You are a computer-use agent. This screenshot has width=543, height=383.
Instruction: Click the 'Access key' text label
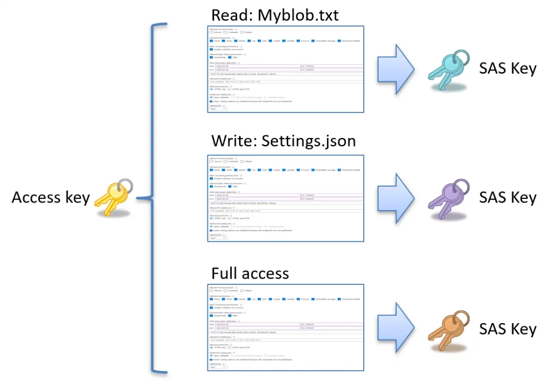pyautogui.click(x=51, y=198)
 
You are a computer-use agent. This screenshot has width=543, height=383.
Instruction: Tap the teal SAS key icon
pyautogui.click(x=448, y=70)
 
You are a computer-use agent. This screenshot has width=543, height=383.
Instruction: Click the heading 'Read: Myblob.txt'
pyautogui.click(x=275, y=15)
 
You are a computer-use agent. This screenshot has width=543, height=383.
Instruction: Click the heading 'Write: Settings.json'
pyautogui.click(x=283, y=142)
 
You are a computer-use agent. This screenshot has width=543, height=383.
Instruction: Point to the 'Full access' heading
pyautogui.click(x=250, y=273)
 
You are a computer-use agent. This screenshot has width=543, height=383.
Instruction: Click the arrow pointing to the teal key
pyautogui.click(x=395, y=68)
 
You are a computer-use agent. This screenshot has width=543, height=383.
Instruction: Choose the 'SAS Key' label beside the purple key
pyautogui.click(x=507, y=197)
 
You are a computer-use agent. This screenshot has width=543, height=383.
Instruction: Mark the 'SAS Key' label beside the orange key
pyautogui.click(x=507, y=328)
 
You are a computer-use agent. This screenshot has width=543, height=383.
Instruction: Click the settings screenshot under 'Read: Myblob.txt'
pyautogui.click(x=285, y=69)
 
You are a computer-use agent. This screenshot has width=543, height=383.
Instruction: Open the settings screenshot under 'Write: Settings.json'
pyautogui.click(x=285, y=198)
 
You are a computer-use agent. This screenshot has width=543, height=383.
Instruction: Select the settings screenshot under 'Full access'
pyautogui.click(x=285, y=327)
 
